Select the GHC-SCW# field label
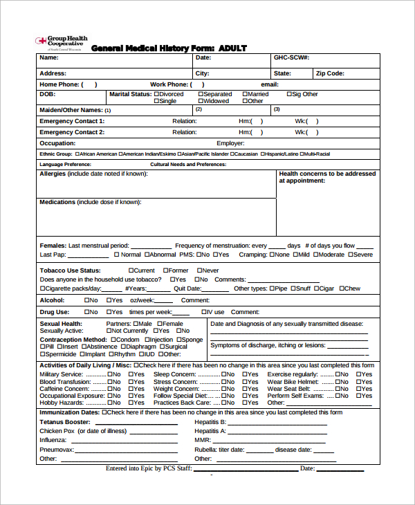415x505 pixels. click(x=291, y=58)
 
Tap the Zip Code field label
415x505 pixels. click(x=330, y=73)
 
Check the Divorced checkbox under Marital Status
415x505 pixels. click(x=156, y=94)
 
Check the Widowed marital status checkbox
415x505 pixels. click(x=201, y=101)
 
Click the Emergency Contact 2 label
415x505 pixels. click(x=72, y=131)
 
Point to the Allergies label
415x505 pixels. click(x=53, y=174)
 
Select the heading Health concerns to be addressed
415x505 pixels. click(x=327, y=174)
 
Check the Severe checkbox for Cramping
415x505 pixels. click(x=350, y=255)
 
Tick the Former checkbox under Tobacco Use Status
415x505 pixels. click(x=166, y=270)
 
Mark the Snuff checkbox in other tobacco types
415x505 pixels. click(x=293, y=288)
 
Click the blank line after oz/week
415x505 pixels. click(x=163, y=301)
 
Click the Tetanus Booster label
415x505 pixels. click(x=65, y=421)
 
